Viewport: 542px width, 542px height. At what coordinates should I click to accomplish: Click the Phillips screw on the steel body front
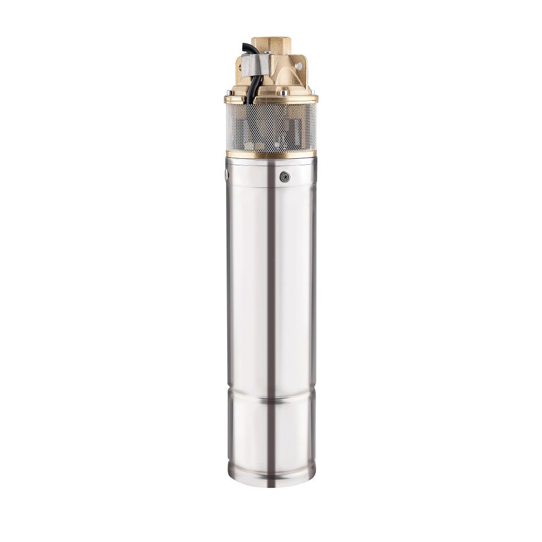coord(285,177)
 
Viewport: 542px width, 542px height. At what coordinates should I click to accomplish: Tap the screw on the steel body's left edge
coord(227,175)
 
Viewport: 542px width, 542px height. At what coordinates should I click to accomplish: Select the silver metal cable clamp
coord(255,64)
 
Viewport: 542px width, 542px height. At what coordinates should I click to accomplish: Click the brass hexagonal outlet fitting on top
coord(272,44)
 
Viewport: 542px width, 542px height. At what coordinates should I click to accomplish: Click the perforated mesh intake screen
coord(271,127)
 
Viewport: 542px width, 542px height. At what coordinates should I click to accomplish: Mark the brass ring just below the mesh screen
coord(271,154)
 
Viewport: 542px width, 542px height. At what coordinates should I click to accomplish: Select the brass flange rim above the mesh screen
coord(271,99)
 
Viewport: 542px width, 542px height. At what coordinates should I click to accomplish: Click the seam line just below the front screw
coord(271,187)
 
